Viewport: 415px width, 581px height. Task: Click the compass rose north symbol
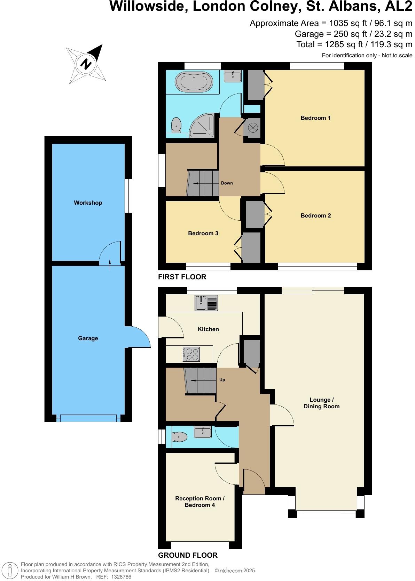(x=86, y=64)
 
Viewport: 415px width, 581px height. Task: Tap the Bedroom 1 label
(x=315, y=118)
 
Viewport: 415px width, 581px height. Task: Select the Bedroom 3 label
(x=203, y=233)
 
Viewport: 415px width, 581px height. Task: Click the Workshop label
(x=88, y=203)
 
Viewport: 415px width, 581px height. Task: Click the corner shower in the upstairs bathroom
(x=203, y=125)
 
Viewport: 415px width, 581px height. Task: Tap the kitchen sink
(x=206, y=302)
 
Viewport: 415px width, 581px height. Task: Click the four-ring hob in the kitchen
(x=191, y=354)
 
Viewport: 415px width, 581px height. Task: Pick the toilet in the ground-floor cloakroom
(x=179, y=436)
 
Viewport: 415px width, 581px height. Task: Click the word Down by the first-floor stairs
(x=227, y=183)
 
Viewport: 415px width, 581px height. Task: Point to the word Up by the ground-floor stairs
(x=222, y=380)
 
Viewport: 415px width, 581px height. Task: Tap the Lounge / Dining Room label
(x=321, y=403)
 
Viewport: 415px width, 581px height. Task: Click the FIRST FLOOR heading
(x=182, y=277)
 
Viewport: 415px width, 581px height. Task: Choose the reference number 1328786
(x=120, y=577)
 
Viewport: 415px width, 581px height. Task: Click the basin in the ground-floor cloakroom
(x=203, y=432)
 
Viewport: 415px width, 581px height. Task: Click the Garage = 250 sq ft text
(x=353, y=34)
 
